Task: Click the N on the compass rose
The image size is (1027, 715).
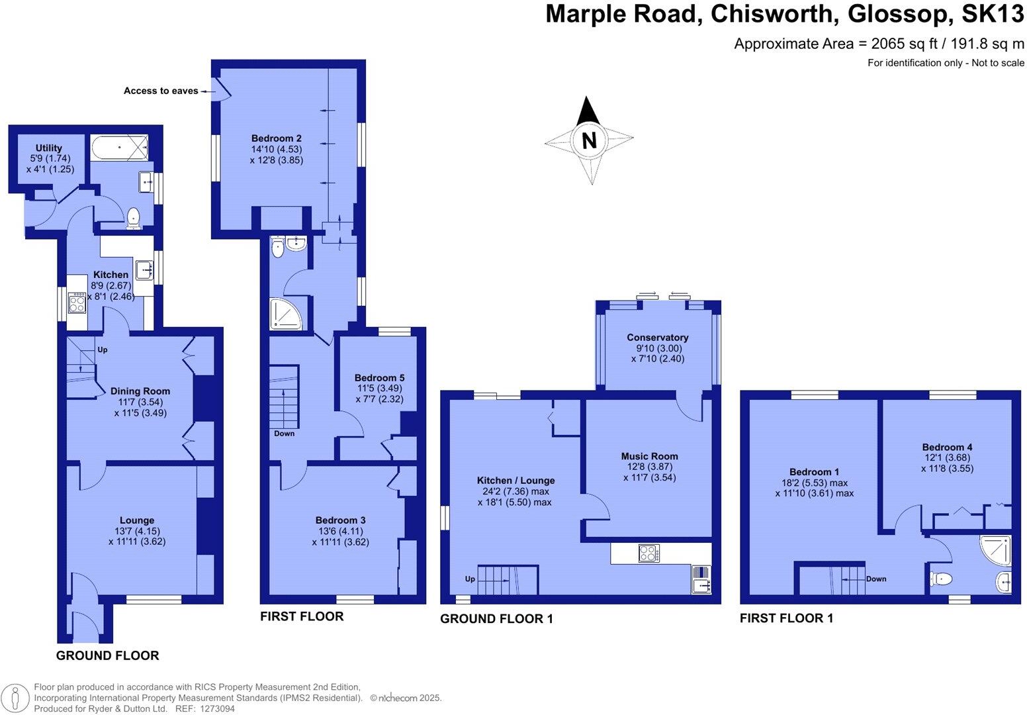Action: click(589, 140)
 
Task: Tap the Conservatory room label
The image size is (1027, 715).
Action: click(657, 338)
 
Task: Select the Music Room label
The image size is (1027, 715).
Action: click(649, 456)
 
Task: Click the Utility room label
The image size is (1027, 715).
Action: click(49, 148)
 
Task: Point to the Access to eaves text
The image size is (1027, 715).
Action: click(161, 91)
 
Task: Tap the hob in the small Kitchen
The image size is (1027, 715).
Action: click(77, 303)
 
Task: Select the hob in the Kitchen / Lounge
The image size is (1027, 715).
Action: click(648, 553)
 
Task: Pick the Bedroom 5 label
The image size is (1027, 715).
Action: click(379, 378)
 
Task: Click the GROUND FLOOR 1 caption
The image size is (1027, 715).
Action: click(496, 619)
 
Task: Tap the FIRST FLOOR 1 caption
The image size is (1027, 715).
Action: click(786, 618)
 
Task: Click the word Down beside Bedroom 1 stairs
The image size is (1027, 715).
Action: click(876, 579)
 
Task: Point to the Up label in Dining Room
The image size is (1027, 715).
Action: click(102, 350)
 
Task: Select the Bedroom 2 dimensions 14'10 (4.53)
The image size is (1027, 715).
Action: click(277, 149)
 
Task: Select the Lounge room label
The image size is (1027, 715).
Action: click(137, 520)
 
